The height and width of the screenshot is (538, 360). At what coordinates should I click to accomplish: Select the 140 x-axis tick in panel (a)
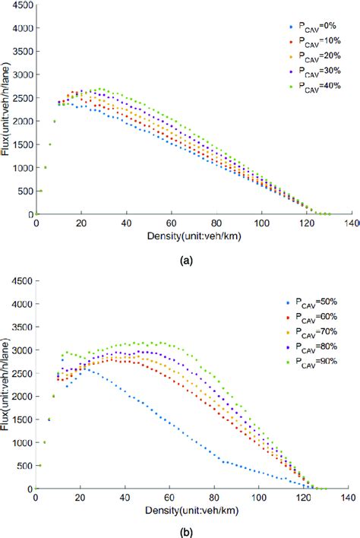[x=351, y=223]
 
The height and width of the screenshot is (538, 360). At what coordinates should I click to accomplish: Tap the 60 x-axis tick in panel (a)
[x=171, y=223]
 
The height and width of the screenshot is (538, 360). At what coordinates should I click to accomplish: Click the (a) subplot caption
[x=185, y=259]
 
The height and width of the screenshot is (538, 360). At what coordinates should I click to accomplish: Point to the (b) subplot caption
[x=185, y=531]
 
